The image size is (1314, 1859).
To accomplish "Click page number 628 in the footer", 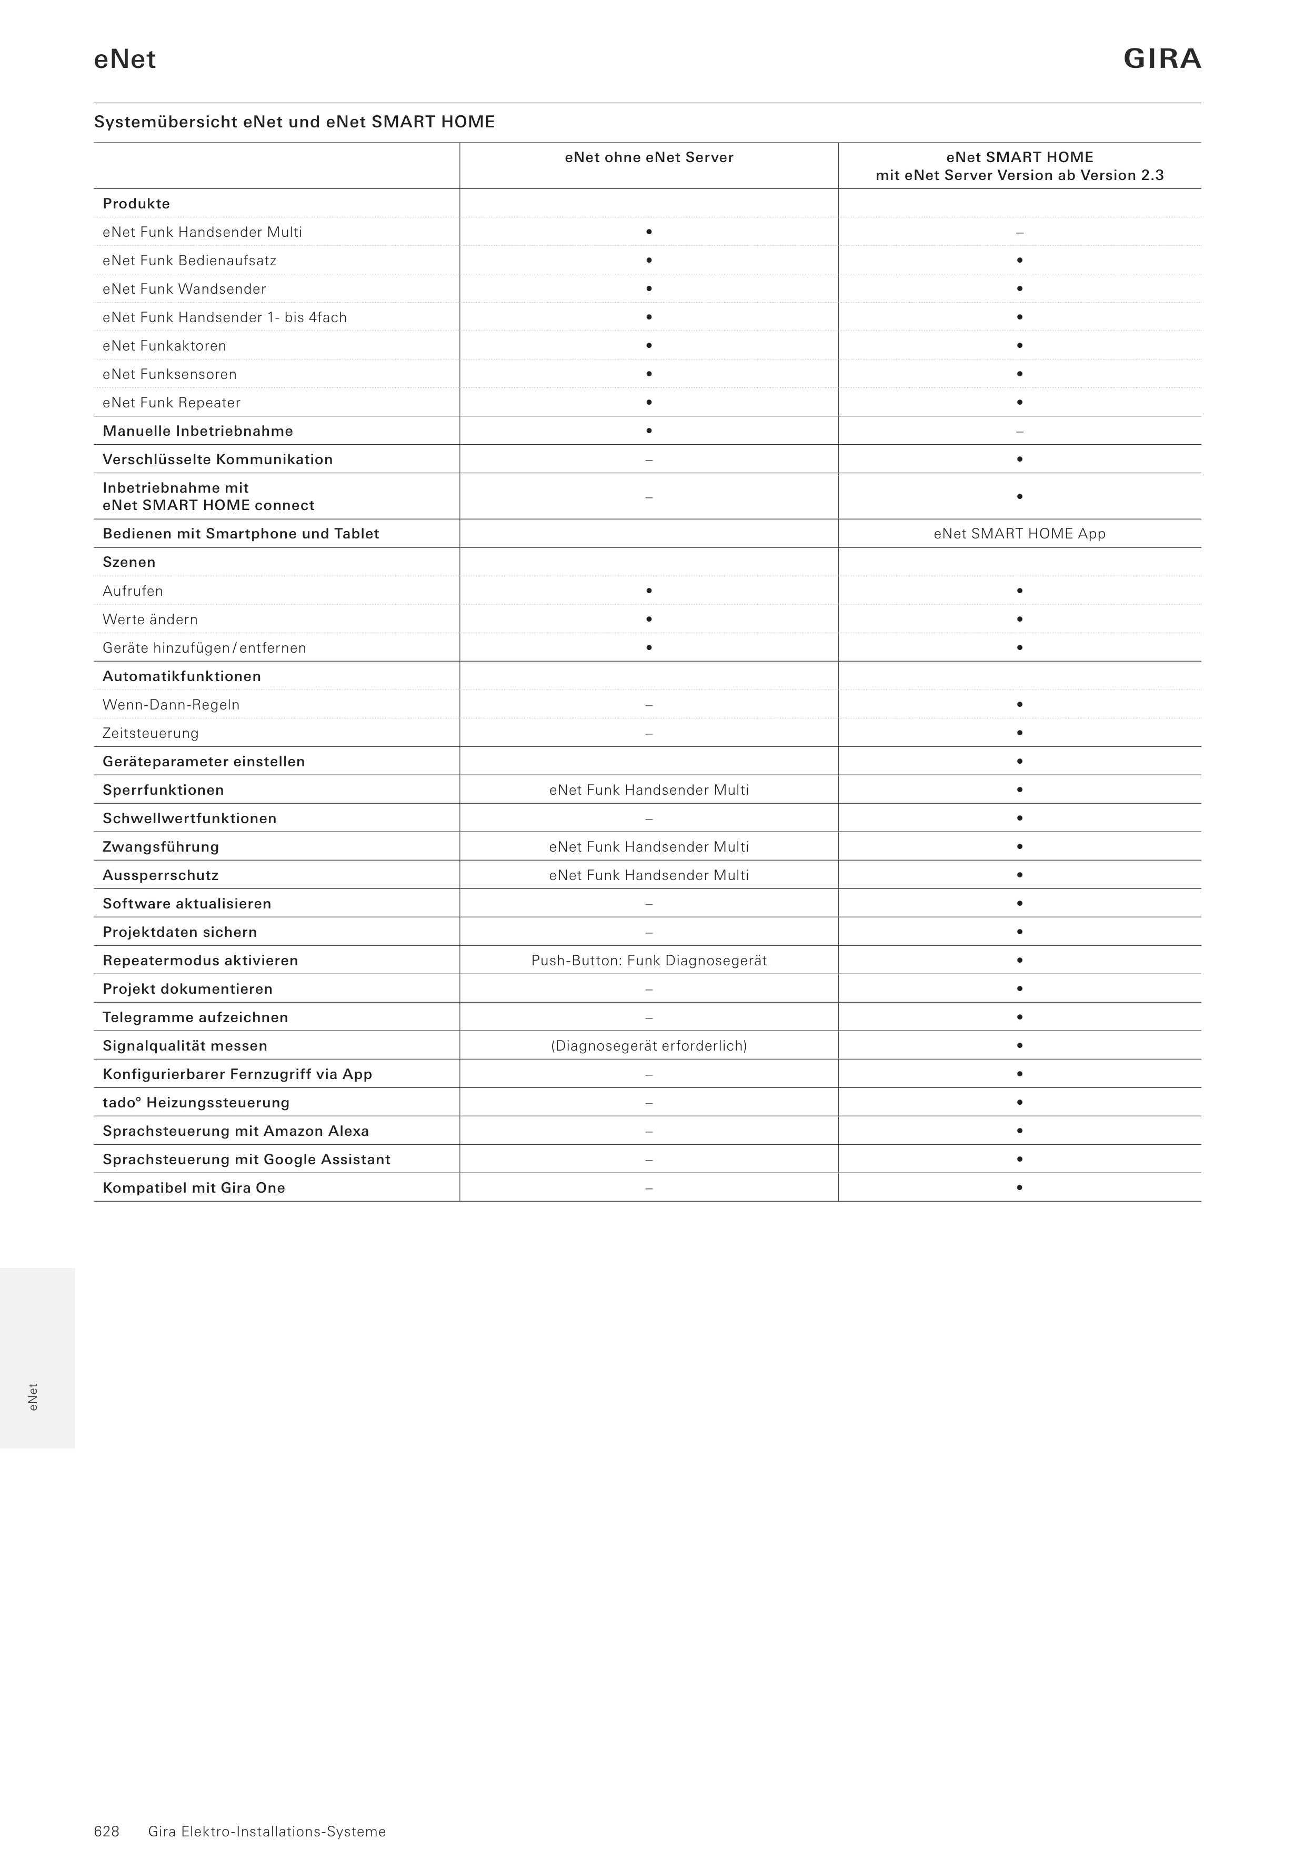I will [x=107, y=1809].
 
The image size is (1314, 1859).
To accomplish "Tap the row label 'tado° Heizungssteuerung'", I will [x=195, y=1102].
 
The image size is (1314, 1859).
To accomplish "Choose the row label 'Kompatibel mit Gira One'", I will [x=194, y=1188].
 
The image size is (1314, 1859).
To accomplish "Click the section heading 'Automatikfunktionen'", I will [x=182, y=676].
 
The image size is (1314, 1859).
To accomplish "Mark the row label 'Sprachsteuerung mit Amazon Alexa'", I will [x=236, y=1131].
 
